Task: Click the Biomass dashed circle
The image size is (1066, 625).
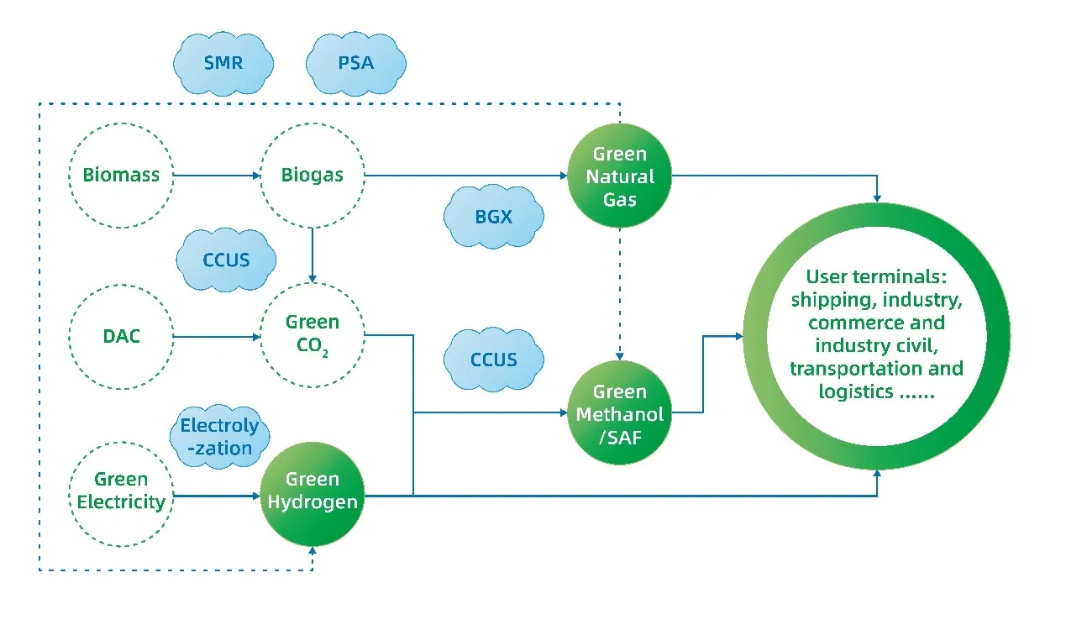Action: click(x=121, y=176)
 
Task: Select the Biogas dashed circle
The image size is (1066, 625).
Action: click(x=312, y=176)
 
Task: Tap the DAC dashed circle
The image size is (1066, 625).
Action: click(x=121, y=337)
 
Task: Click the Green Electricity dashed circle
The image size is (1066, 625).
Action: click(x=121, y=491)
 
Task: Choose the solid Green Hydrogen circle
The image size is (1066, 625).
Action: click(x=312, y=491)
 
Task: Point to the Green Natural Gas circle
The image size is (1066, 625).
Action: click(x=620, y=176)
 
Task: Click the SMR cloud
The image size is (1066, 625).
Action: click(x=223, y=63)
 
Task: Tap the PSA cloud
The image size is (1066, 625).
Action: click(x=355, y=63)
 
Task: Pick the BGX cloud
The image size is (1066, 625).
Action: click(x=493, y=216)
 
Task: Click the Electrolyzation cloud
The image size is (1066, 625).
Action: click(x=220, y=437)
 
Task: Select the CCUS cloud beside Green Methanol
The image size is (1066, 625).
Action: click(x=493, y=360)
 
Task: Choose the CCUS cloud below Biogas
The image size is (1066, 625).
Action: click(x=226, y=260)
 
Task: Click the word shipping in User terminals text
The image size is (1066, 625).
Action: click(x=828, y=300)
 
